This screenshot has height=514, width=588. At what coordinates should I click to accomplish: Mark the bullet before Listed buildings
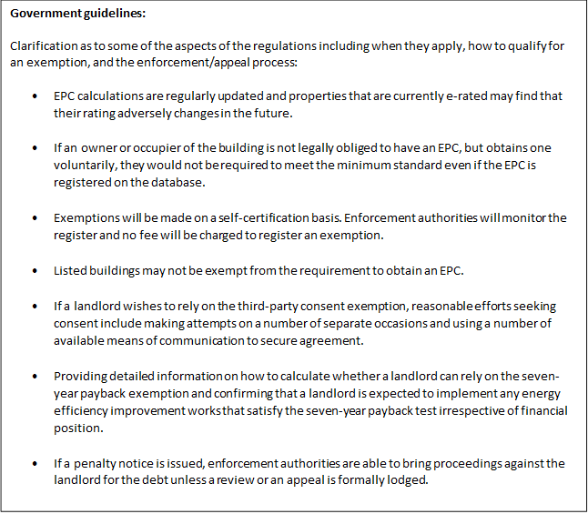pyautogui.click(x=35, y=271)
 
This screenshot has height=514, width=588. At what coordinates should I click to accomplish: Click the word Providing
pyautogui.click(x=81, y=377)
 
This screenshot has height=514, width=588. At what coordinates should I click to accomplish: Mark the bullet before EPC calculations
pyautogui.click(x=35, y=96)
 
